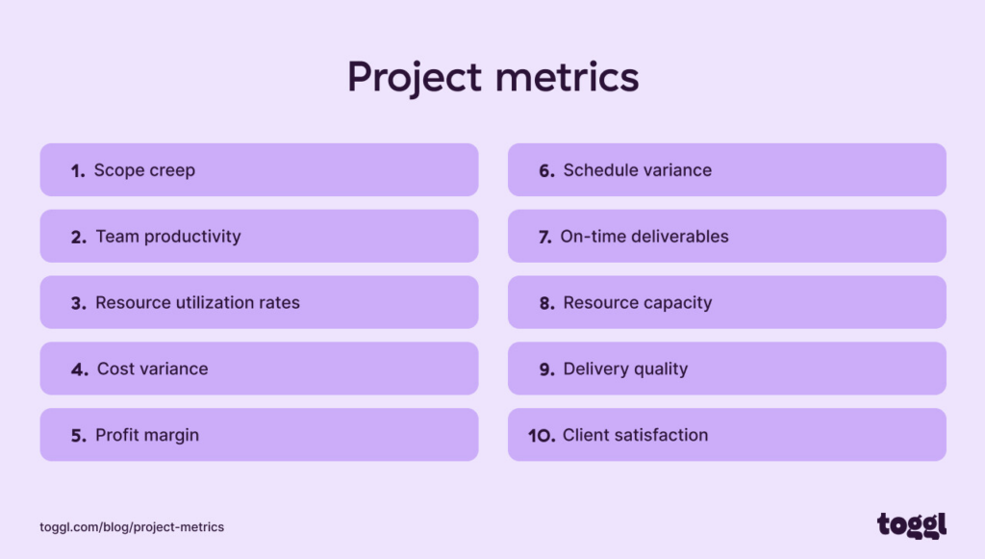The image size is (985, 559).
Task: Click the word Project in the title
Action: tap(416, 78)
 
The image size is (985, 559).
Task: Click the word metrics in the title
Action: tap(568, 77)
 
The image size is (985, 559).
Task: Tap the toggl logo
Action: tap(911, 524)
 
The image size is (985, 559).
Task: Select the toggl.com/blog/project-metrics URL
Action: tap(132, 527)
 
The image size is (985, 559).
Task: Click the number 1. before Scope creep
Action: tap(78, 171)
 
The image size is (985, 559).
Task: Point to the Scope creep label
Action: tap(144, 170)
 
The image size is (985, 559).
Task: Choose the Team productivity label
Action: tap(168, 237)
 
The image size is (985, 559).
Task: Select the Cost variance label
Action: tap(152, 369)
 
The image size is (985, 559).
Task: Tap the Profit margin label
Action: tap(147, 436)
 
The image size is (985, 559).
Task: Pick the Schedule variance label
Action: tap(637, 170)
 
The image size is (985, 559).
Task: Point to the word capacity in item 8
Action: tap(677, 303)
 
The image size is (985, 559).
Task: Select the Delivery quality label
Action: tap(625, 369)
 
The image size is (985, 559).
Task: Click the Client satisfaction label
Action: tap(635, 436)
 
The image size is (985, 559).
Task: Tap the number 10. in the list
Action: tap(542, 436)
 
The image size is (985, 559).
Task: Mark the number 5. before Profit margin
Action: tap(78, 436)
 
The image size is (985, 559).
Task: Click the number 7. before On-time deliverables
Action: tap(544, 237)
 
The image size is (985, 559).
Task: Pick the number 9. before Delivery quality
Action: tap(546, 369)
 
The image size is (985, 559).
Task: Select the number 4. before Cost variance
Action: tap(79, 369)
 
